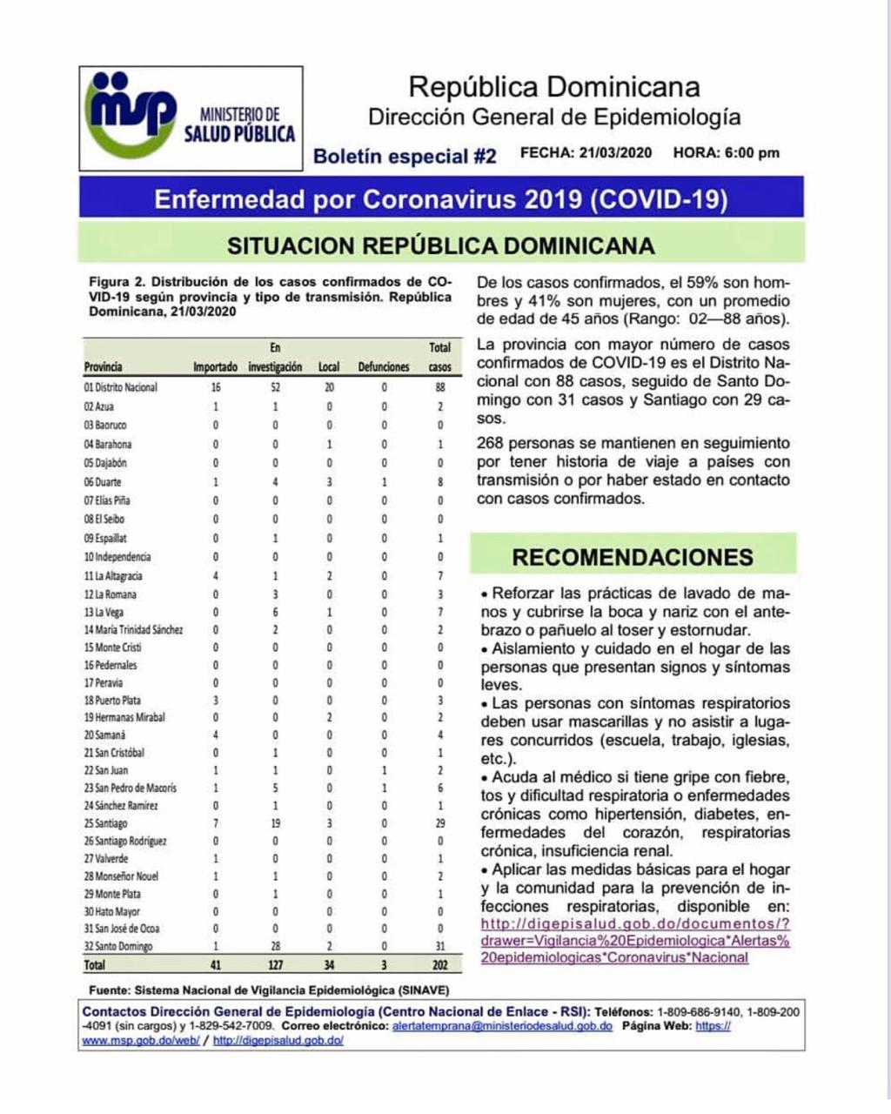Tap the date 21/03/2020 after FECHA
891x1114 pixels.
[614, 153]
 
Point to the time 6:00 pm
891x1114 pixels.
[752, 153]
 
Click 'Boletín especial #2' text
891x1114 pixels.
[405, 157]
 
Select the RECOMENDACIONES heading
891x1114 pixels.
[633, 558]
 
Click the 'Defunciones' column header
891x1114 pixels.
[384, 367]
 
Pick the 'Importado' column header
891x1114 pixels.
[215, 367]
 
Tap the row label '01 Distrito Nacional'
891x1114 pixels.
[121, 387]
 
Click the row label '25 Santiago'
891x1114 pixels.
[106, 823]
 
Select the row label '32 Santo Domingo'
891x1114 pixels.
[118, 946]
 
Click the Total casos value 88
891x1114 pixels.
[440, 387]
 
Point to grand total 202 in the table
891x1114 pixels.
[440, 965]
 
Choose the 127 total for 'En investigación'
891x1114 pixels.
[275, 965]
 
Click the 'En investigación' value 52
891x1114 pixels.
[275, 387]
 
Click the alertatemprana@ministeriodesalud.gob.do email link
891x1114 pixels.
[502, 1026]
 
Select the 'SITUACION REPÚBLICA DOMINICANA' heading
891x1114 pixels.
[440, 245]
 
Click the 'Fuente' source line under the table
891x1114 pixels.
[269, 990]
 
